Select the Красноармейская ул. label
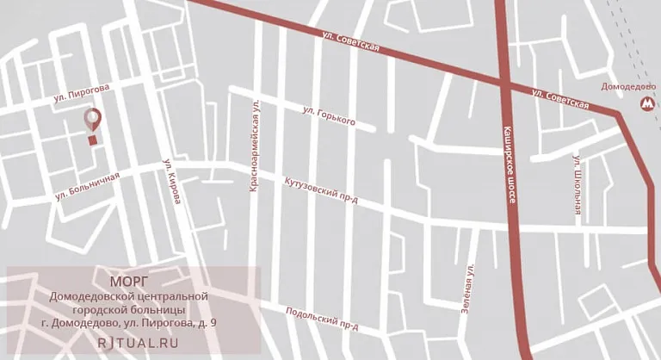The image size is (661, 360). pyautogui.click(x=255, y=145)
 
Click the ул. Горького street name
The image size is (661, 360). pyautogui.click(x=330, y=115)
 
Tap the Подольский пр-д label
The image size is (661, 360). pyautogui.click(x=322, y=319)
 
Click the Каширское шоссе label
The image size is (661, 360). pyautogui.click(x=509, y=163)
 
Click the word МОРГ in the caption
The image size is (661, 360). pyautogui.click(x=129, y=281)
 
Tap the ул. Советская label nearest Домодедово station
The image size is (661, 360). pyautogui.click(x=559, y=98)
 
